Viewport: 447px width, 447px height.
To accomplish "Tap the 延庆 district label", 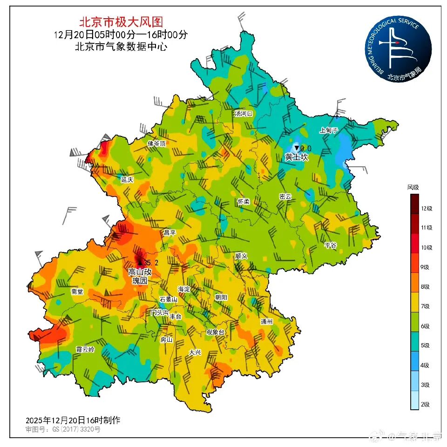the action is pos(127,179).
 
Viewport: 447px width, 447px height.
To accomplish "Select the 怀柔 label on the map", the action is pos(244,202).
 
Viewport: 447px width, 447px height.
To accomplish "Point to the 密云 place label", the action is pos(285,196).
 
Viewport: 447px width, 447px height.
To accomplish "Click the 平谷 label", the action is pos(330,245).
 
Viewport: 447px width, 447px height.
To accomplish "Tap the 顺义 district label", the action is pos(241,256).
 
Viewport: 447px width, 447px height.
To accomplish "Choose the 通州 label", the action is pos(266,321).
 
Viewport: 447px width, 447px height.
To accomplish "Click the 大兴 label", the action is pos(195,352).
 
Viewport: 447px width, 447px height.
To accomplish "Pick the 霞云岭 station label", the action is pos(85,349).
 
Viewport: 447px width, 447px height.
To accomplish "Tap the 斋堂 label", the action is pos(77,291).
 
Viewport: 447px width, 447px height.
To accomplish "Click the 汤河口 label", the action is pos(243,113).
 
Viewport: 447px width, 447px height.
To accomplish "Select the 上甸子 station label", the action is pos(328,130).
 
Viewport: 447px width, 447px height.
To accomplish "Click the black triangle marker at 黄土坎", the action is pos(297,148).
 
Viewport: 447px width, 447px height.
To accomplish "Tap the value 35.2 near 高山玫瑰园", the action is pos(152,263).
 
